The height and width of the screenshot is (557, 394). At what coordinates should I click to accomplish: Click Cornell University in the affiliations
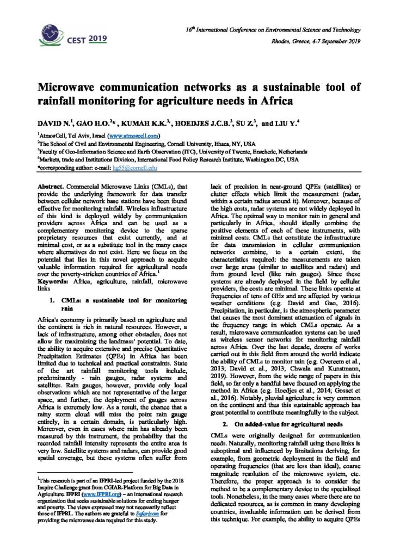tap(192, 144)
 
